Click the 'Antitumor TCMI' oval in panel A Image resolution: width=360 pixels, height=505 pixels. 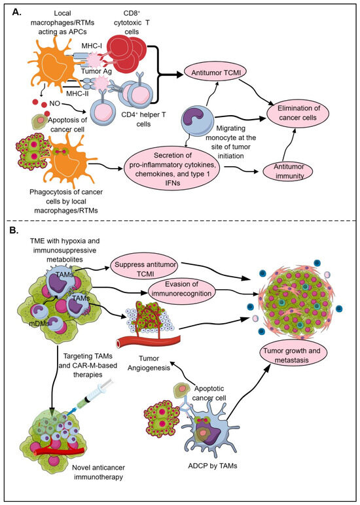click(215, 73)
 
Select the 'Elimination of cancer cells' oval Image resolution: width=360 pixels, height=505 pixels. click(298, 113)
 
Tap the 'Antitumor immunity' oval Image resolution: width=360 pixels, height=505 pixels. click(289, 171)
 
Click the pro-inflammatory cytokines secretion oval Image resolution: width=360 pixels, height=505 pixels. click(172, 169)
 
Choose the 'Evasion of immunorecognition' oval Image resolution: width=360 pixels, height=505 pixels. click(181, 288)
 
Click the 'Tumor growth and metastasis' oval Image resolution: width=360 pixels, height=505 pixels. click(292, 355)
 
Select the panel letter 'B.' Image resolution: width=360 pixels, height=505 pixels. click(14, 231)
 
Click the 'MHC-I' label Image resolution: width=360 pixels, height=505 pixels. click(92, 46)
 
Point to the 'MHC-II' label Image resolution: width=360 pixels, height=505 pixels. click(78, 94)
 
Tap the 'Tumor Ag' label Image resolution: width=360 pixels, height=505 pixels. click(96, 71)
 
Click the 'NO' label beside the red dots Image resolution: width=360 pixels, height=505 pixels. click(55, 104)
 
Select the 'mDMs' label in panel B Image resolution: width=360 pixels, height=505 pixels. click(39, 323)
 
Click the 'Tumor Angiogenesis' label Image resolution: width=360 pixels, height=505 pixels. click(149, 363)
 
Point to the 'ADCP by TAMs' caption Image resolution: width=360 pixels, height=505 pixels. click(212, 465)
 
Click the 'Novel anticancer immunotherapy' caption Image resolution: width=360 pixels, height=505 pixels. click(98, 472)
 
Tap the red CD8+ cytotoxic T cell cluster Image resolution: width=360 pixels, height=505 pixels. click(126, 52)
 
